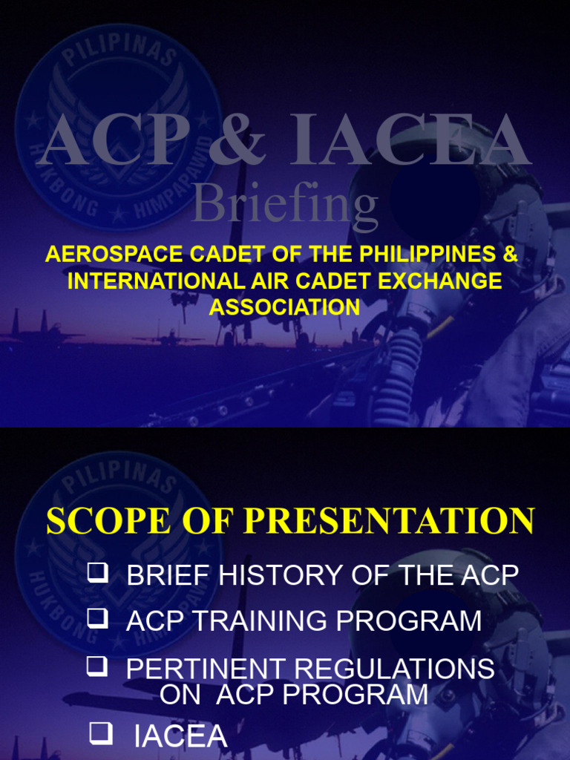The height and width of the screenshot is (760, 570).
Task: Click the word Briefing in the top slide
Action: point(285,206)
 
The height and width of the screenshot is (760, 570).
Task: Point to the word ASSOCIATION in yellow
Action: point(284,307)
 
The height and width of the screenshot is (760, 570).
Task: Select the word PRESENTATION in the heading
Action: point(389,521)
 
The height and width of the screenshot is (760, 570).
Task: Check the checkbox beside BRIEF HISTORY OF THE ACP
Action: point(96,572)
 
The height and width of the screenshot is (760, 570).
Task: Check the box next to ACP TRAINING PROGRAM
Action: point(96,617)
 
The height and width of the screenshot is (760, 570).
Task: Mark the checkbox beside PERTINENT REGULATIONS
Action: point(96,666)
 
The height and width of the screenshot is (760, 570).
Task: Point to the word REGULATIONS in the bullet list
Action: point(394,669)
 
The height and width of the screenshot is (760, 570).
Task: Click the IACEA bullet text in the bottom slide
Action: point(180,736)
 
